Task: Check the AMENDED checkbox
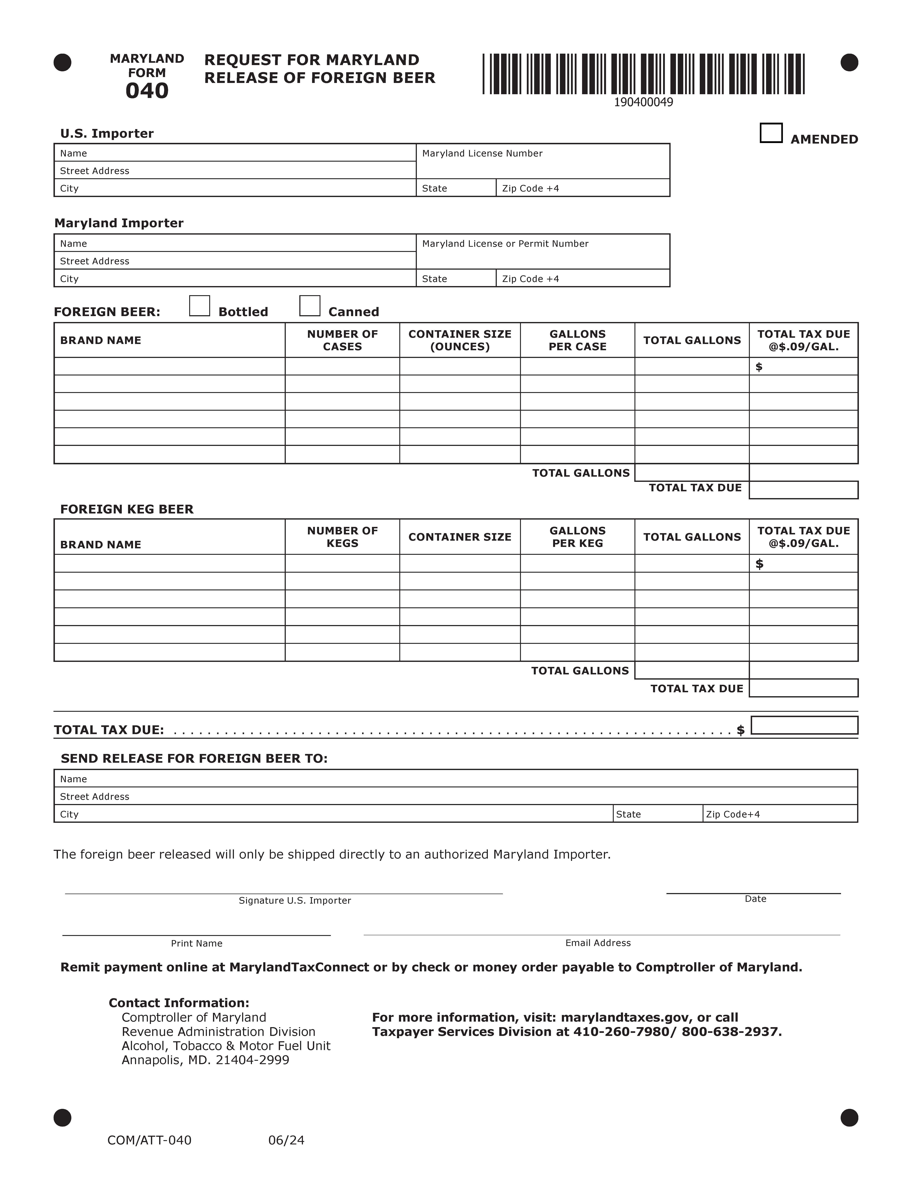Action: (x=771, y=133)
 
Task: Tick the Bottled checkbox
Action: (x=199, y=306)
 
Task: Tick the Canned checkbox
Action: (x=310, y=306)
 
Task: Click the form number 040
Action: (x=147, y=91)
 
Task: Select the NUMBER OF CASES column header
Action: (x=343, y=340)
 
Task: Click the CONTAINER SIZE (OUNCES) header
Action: (x=460, y=340)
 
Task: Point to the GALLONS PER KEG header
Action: (x=578, y=537)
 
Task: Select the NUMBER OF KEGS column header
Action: (x=343, y=537)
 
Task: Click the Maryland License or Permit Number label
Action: (x=505, y=244)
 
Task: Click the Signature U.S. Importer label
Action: (x=295, y=901)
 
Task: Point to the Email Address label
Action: (x=598, y=943)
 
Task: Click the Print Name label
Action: (x=197, y=943)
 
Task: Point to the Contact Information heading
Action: (x=179, y=1003)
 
